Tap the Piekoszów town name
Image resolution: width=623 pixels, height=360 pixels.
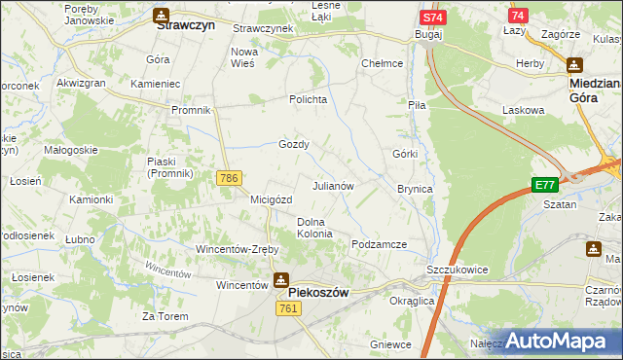point(318,292)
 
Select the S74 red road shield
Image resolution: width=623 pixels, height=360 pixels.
point(433,18)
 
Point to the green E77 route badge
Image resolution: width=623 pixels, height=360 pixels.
point(544,185)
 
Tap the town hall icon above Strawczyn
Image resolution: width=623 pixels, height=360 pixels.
point(161,15)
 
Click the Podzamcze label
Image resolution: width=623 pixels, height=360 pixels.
point(379,244)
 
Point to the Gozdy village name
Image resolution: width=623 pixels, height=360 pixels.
point(294,144)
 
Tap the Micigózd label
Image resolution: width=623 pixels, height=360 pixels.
point(272,199)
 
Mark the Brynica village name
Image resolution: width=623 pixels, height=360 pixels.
point(415,188)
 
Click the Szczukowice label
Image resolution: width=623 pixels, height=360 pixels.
point(457,270)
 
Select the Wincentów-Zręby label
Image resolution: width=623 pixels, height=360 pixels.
point(238,248)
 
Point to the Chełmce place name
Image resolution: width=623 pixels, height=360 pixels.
point(383,63)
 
